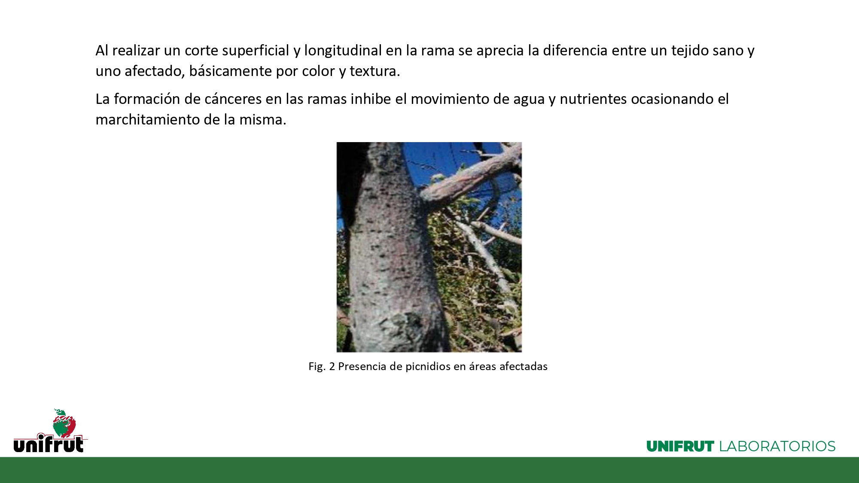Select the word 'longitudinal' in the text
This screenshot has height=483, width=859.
tap(343, 51)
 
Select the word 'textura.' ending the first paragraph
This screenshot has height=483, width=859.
tap(375, 71)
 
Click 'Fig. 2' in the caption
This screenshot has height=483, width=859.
tap(322, 366)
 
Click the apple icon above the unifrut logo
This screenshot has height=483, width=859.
tap(64, 423)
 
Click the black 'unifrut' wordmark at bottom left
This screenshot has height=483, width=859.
tap(49, 444)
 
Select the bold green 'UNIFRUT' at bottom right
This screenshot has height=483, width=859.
tap(680, 447)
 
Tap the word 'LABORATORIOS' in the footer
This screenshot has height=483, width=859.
tap(777, 447)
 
